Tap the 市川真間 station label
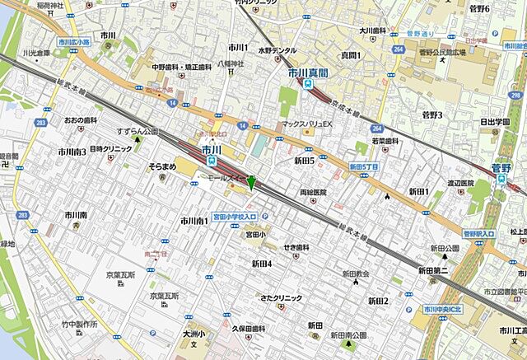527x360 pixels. pyautogui.click(x=307, y=72)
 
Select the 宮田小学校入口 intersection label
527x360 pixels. pyautogui.click(x=236, y=216)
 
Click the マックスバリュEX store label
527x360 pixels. pyautogui.click(x=305, y=124)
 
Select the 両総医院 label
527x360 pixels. pyautogui.click(x=313, y=192)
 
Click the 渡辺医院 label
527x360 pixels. pyautogui.click(x=460, y=183)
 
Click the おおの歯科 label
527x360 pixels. pyautogui.click(x=81, y=120)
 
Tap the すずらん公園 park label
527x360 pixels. pyautogui.click(x=136, y=131)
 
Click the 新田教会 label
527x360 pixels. pyautogui.click(x=357, y=274)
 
